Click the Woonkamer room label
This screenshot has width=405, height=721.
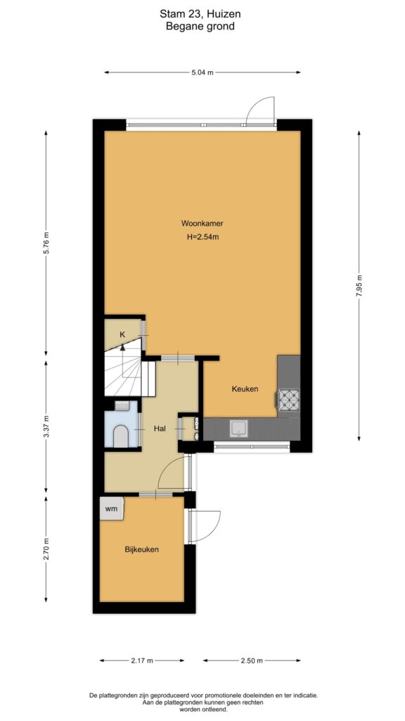pos(202,224)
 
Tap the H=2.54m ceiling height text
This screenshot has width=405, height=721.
pos(202,237)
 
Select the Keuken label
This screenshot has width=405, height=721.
pos(245,389)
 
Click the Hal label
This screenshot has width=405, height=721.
pos(160,429)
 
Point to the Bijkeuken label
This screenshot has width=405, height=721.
pos(142,549)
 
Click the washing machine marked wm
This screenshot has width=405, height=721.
pos(112,508)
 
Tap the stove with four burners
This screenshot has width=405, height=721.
pos(288,400)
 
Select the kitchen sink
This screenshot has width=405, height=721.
pos(239,429)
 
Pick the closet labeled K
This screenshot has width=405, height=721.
pos(122,334)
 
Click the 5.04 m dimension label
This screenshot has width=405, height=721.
pos(202,73)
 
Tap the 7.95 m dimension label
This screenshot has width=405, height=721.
pos(359,287)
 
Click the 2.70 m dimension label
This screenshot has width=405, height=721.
pos(46,549)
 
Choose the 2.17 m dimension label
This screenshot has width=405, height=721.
pos(142,660)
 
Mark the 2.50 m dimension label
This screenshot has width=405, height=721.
pos(252,660)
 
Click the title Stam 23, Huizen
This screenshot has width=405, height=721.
pos(200,15)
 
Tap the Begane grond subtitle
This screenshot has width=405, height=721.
pos(200,26)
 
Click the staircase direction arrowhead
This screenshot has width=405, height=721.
pos(122,347)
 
